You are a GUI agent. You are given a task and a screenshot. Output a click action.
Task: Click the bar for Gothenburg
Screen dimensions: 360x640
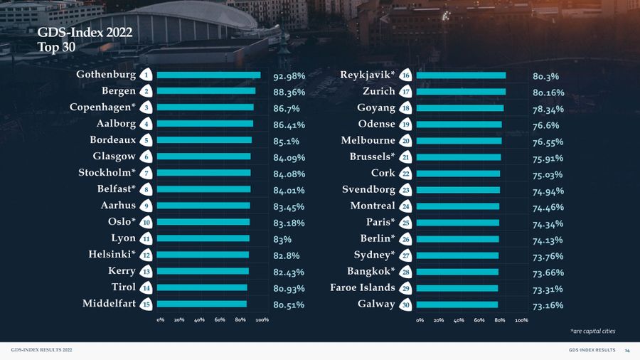point(208,75)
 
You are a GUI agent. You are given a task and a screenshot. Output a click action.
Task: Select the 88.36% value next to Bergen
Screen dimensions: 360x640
point(289,92)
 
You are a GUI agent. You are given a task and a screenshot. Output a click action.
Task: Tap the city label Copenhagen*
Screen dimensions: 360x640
point(102,107)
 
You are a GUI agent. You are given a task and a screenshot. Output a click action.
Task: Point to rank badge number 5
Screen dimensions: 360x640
point(145,140)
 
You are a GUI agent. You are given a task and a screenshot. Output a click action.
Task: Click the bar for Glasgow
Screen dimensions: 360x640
point(203,157)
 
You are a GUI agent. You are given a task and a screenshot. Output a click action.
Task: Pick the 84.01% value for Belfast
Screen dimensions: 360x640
point(289,191)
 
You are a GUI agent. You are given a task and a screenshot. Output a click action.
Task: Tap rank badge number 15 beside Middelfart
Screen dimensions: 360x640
point(145,304)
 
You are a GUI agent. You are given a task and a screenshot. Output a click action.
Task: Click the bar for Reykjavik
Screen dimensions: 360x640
point(461,75)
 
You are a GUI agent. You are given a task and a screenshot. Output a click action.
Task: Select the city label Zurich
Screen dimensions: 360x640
point(378,91)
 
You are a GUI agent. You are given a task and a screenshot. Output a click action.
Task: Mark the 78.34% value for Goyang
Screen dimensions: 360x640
point(548,109)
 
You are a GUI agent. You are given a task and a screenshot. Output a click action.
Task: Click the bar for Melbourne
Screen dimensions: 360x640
point(459,141)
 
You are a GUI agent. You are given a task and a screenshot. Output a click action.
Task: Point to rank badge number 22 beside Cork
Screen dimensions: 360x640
point(405,174)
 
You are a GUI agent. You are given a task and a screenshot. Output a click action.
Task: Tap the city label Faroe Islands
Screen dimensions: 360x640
point(362,287)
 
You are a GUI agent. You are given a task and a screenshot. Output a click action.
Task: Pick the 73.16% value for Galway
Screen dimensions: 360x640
point(548,306)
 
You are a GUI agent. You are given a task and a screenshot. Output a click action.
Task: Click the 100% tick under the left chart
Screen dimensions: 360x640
point(262,320)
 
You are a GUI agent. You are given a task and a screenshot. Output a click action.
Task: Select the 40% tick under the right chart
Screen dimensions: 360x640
point(459,320)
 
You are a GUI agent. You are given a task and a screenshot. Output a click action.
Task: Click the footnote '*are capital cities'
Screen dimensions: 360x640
point(592,332)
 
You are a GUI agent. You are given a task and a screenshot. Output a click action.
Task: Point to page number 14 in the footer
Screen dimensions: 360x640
point(627,351)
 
